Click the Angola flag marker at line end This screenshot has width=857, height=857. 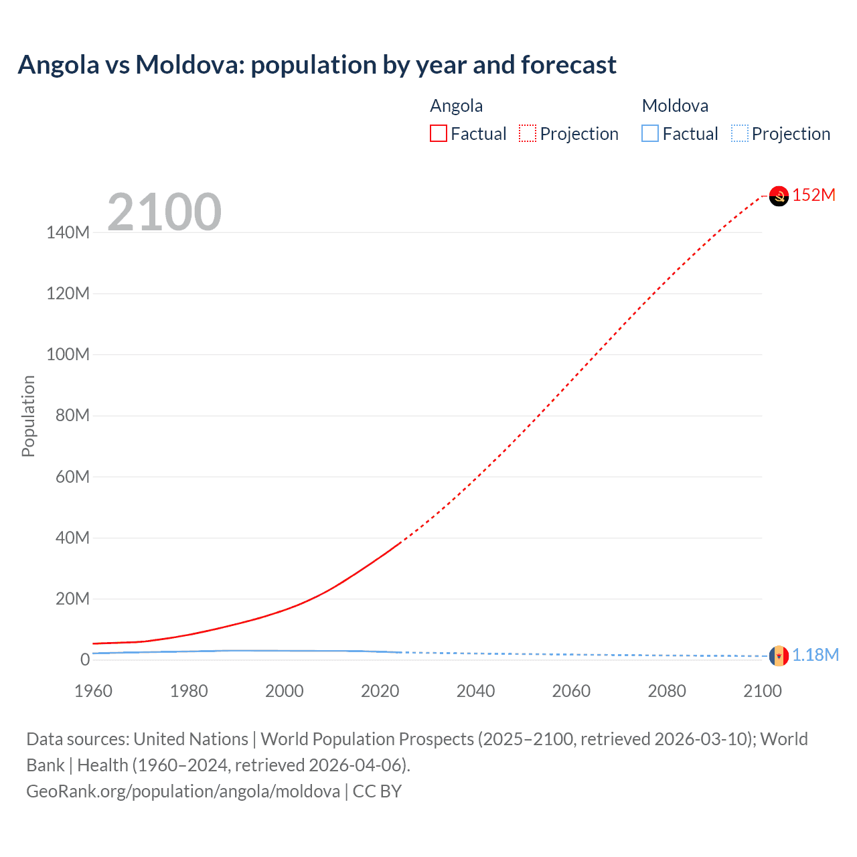[779, 196]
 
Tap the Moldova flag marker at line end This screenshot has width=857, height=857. [779, 655]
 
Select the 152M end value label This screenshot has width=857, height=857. [814, 195]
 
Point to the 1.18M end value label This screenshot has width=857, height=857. [815, 655]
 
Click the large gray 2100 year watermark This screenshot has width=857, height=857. [164, 212]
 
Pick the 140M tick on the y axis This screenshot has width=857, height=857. [68, 233]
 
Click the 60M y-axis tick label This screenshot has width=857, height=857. [72, 477]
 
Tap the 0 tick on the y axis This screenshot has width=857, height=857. [84, 659]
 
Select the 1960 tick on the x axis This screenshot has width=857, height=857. [93, 691]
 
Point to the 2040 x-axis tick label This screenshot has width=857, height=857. [475, 691]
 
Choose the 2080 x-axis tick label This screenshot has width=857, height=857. [667, 691]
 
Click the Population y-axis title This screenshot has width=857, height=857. [28, 416]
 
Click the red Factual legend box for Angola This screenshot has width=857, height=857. [439, 133]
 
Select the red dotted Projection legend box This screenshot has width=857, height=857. [528, 133]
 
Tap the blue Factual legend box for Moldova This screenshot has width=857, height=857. [650, 133]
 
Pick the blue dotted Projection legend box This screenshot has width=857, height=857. [739, 133]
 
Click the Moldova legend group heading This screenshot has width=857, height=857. [675, 106]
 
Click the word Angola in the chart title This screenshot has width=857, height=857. [58, 65]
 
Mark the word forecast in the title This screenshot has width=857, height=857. [568, 65]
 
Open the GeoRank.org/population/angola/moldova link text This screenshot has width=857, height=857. [183, 791]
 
